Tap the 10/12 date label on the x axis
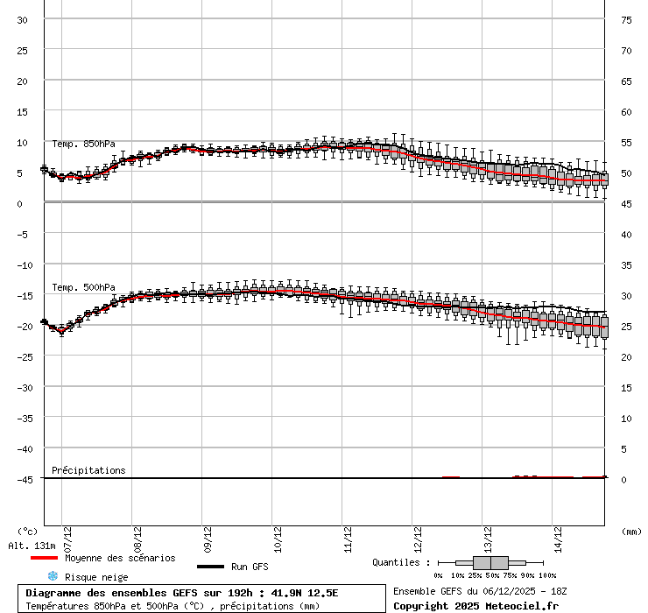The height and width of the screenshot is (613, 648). [x=278, y=535]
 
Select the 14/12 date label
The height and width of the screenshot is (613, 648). [x=558, y=535]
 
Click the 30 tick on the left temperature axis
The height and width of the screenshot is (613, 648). [x=23, y=19]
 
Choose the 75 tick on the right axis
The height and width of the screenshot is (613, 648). [x=626, y=19]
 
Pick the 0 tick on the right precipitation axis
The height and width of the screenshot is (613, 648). [x=623, y=479]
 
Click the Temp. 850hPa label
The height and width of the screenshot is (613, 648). [x=83, y=144]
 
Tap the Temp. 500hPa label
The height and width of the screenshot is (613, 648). [x=83, y=287]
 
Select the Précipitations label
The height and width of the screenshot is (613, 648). [x=88, y=470]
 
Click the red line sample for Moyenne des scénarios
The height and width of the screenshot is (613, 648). [x=44, y=558]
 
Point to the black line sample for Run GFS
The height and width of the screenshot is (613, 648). [x=210, y=567]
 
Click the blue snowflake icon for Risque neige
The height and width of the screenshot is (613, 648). [x=53, y=576]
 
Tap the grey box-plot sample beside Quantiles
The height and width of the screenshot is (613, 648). [x=491, y=562]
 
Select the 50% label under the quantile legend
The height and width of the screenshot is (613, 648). [x=491, y=575]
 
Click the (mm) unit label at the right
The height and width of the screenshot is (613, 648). [x=630, y=531]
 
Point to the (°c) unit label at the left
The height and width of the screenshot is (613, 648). [x=28, y=531]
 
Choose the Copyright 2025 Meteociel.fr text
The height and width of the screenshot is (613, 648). [x=475, y=606]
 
